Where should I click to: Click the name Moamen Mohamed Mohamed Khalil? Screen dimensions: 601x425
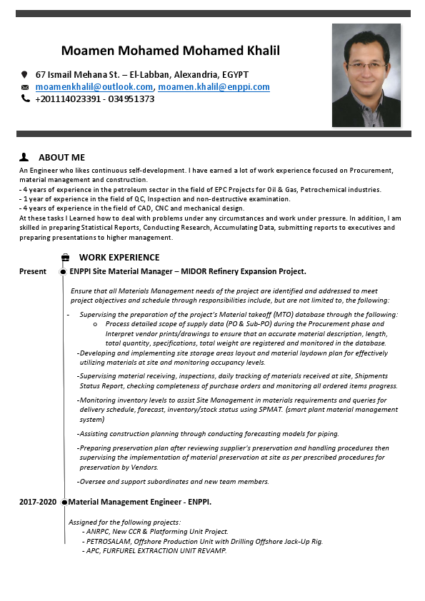coord(170,51)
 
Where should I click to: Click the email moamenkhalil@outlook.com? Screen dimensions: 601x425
coord(94,87)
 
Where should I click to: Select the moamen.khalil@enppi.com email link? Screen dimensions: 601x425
coord(214,87)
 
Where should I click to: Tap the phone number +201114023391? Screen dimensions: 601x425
coord(66,99)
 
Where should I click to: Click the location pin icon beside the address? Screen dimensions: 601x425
coord(24,74)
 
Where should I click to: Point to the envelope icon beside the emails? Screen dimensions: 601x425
coord(24,87)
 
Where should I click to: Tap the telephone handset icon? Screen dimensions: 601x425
coord(24,99)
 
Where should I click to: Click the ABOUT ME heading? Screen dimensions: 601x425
coord(61,157)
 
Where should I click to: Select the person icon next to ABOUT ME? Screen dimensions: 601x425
coord(24,156)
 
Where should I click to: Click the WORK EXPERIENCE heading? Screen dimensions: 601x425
coord(119,257)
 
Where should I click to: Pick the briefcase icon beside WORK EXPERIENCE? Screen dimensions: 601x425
coord(66,258)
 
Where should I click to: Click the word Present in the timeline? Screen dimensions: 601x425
coord(33,271)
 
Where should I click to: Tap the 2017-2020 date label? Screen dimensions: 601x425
coord(38,502)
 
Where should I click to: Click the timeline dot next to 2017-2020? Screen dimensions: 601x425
coord(64,502)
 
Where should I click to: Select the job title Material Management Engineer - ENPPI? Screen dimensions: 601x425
coord(140,502)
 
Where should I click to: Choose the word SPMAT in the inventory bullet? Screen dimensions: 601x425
coord(266,410)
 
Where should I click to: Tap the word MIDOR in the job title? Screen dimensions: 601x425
coord(198,271)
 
